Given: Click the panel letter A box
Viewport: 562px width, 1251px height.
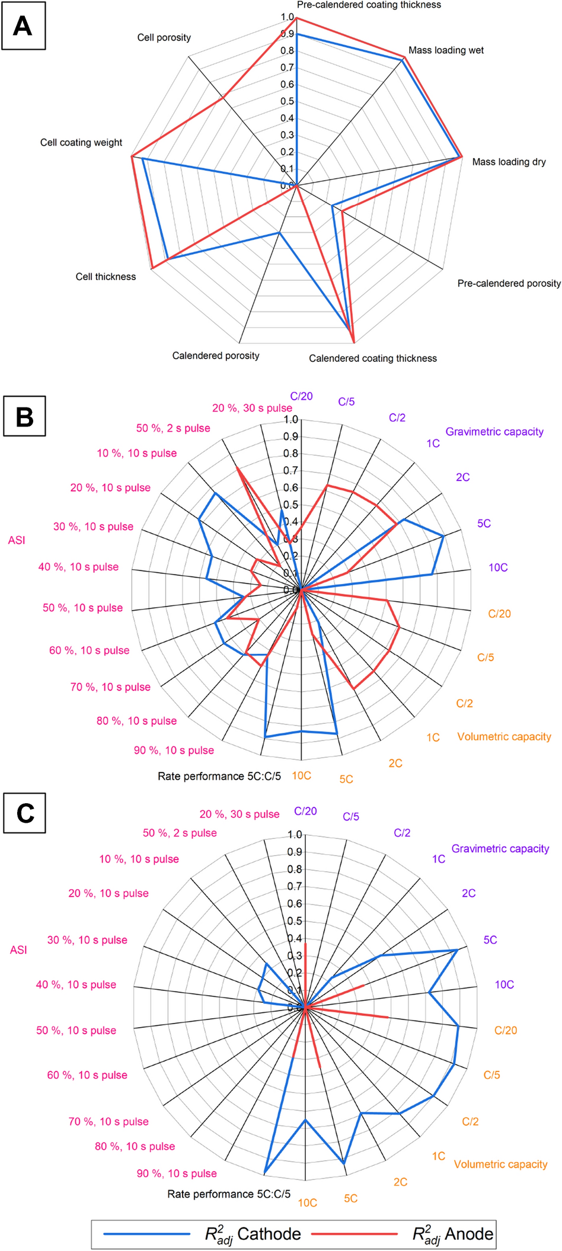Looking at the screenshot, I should pos(23,27).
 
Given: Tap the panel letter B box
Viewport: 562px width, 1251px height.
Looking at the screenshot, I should pos(24,416).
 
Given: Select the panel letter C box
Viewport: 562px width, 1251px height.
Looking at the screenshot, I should pos(24,813).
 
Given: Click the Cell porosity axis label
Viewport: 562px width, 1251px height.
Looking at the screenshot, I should pos(164,38).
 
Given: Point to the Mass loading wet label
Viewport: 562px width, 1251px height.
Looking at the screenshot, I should pos(446,50).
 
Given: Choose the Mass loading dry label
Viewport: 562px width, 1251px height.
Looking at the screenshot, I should pos(509,162).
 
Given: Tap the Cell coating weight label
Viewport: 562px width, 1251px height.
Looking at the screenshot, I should pos(81,143).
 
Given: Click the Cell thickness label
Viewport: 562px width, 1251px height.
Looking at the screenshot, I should pos(106,277).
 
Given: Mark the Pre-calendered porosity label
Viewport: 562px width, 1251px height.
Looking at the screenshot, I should pos(509,284).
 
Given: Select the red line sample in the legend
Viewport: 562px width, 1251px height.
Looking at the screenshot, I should pos(355,1234).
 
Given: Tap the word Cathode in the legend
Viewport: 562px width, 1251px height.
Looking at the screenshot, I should pos(269,1234).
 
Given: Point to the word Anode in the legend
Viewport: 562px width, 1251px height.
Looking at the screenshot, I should pos(469,1234).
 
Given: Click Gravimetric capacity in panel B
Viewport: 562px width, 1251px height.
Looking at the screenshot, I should pos(494,432).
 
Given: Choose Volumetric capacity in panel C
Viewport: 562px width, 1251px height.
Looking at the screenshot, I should pos(500,1165).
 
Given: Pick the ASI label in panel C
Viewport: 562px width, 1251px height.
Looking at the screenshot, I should pos(18,950).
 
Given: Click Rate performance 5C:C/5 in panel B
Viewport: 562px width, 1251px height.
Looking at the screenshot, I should pos(219,777).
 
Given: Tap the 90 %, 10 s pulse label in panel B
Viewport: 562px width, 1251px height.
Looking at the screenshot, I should pos(174,750).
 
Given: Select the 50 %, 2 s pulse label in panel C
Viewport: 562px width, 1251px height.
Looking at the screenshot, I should pos(180,833).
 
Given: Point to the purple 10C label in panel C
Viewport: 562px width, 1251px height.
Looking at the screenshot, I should pos(504,984).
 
